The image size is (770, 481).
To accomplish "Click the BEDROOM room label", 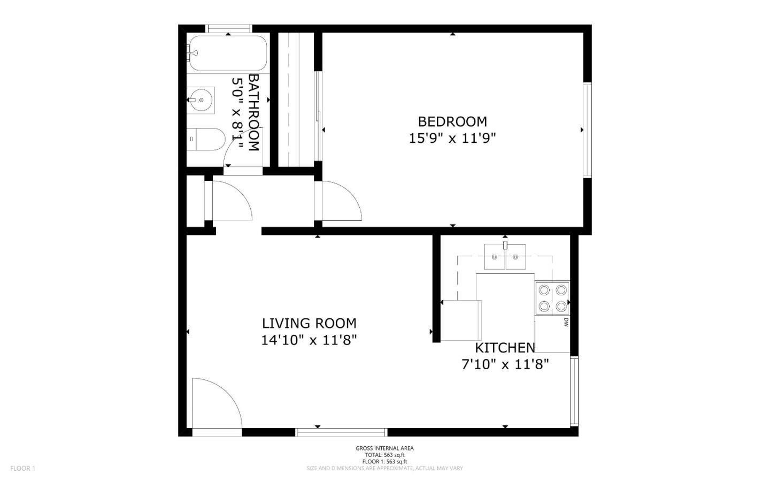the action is (x=452, y=122).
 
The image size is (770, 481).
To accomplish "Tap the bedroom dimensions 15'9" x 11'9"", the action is (x=452, y=139).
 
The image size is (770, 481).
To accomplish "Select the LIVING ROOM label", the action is (x=309, y=323).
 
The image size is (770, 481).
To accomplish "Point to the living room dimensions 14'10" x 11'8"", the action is (x=309, y=340).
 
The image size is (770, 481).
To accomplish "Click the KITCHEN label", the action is (x=505, y=348).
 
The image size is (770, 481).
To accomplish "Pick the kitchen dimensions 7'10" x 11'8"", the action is (x=505, y=364).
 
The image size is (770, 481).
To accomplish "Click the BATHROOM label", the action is (x=253, y=112).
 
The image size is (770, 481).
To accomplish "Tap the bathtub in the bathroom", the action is (x=228, y=54).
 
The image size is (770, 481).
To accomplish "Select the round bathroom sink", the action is (x=201, y=100).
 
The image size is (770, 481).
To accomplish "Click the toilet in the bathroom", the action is (x=206, y=139).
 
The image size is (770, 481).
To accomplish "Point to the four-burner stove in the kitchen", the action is (x=552, y=298).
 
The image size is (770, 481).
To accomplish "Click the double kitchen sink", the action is (x=505, y=257).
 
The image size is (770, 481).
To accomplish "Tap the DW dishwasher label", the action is (x=566, y=322).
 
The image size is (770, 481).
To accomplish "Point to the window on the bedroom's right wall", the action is (x=587, y=130).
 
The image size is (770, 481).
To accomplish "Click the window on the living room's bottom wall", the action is (x=341, y=432).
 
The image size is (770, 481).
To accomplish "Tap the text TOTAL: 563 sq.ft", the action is (x=384, y=455).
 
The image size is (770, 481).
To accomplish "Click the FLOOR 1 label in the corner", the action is (x=22, y=468).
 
